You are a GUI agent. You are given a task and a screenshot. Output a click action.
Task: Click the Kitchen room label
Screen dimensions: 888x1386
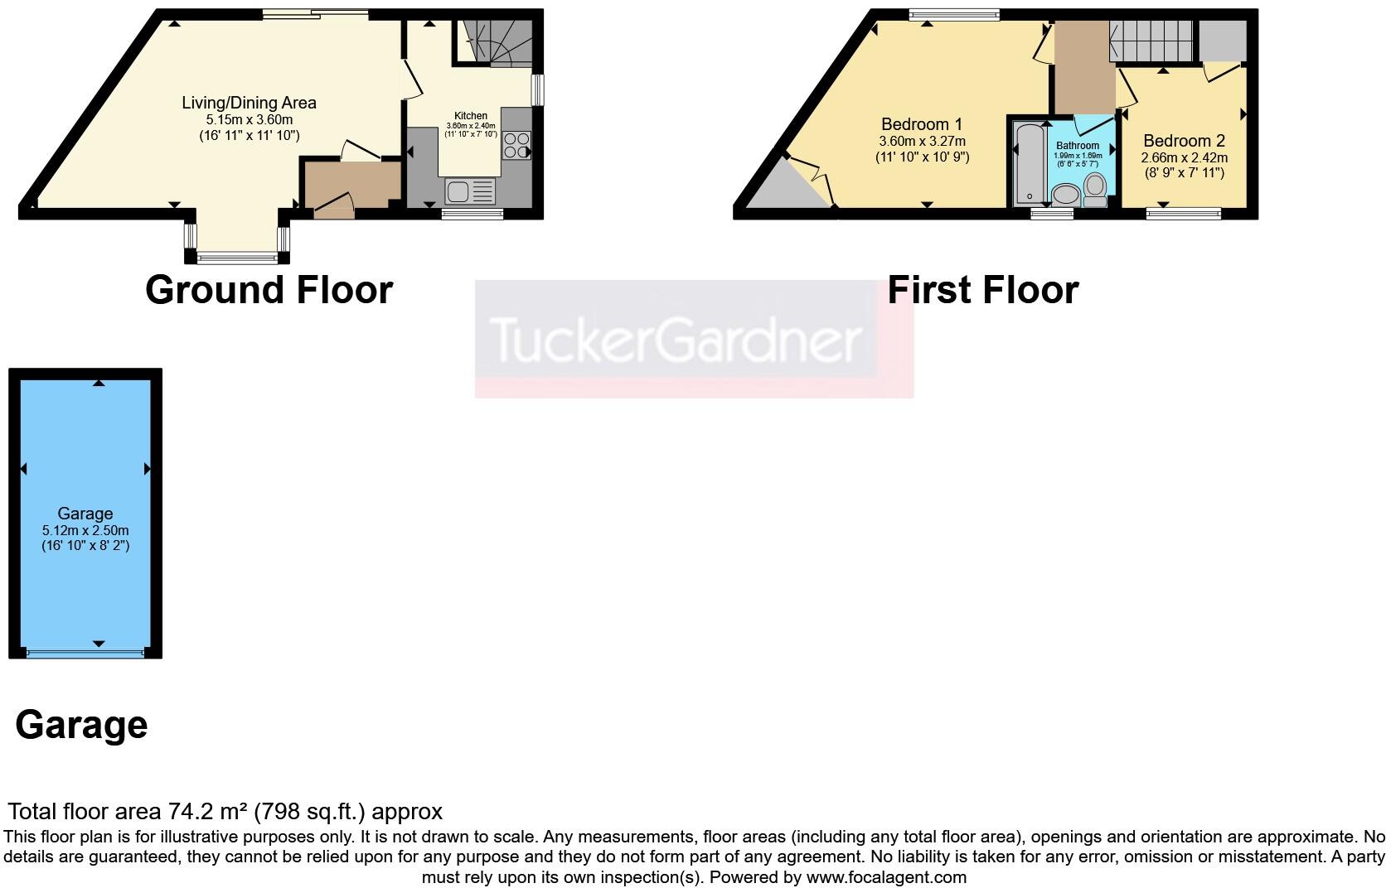[471, 116]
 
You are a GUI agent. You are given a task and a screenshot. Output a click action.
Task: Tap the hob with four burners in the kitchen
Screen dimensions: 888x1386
[516, 145]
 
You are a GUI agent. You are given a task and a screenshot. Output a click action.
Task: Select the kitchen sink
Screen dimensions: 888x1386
[470, 191]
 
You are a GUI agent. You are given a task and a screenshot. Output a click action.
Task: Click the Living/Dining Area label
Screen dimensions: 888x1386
[249, 103]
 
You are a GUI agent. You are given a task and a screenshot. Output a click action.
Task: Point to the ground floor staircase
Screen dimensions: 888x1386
[496, 41]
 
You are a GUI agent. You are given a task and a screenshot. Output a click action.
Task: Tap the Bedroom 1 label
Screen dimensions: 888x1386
[922, 124]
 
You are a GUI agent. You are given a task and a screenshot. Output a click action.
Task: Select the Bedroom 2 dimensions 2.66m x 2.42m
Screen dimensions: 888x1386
[1184, 157]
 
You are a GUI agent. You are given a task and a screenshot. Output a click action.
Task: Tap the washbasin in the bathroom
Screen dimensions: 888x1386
[1065, 195]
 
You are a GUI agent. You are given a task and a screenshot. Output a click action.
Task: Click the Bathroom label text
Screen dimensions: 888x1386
[1078, 146]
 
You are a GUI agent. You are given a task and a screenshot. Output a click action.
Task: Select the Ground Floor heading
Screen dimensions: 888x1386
[269, 290]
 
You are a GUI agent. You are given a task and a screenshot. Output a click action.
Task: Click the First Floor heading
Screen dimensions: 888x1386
[983, 290]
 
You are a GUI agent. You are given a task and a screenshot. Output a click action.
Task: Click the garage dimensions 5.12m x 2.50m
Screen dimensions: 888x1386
[85, 530]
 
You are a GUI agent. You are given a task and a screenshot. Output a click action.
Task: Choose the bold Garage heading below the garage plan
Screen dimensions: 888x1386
[81, 725]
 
